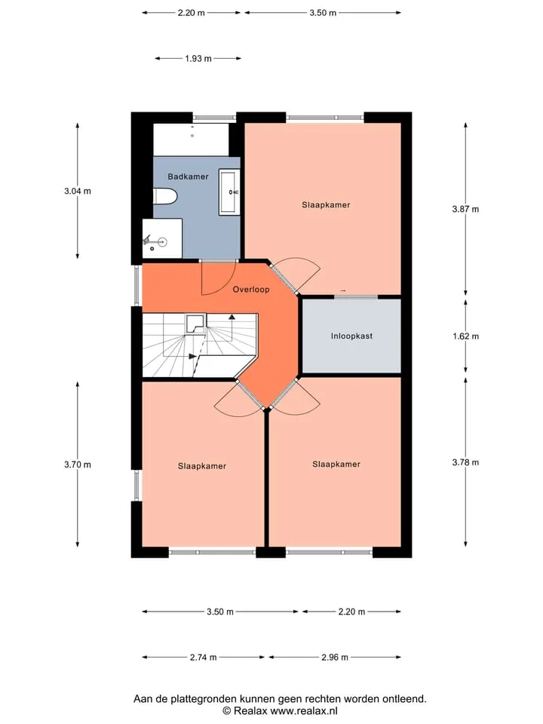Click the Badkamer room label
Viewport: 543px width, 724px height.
(188, 176)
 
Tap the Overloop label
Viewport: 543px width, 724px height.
(251, 290)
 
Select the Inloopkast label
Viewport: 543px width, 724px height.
(351, 336)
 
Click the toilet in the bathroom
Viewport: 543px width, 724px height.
(165, 196)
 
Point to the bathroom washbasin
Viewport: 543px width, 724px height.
(229, 192)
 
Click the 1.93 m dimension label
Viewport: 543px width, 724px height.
(198, 59)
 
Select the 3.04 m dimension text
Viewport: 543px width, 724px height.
(78, 191)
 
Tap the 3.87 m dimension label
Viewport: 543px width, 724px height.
(465, 209)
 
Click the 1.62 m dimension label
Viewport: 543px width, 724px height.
(465, 336)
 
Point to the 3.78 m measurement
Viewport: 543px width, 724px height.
(465, 462)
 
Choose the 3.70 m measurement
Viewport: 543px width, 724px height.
(78, 465)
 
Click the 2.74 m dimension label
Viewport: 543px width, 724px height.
(203, 657)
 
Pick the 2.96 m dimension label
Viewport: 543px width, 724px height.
(335, 657)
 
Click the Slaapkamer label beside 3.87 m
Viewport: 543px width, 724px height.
(326, 205)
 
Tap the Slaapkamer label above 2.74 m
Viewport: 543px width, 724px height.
(202, 466)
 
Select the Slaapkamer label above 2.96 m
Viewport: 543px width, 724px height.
(336, 464)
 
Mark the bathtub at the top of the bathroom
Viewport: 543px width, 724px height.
(191, 140)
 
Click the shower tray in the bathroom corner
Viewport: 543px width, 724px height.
(162, 238)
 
